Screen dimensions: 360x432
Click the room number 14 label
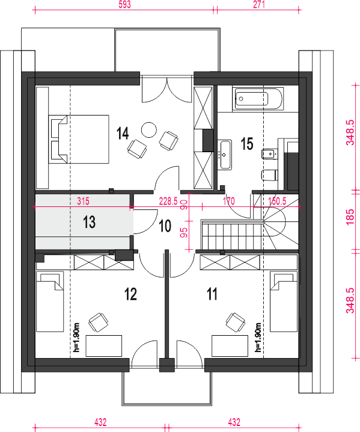click(x=123, y=134)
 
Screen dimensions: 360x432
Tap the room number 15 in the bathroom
click(x=247, y=144)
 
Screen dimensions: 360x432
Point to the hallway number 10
click(x=165, y=226)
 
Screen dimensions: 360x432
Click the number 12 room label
click(x=131, y=294)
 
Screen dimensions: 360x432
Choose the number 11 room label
click(x=212, y=294)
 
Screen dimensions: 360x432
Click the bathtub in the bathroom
click(x=258, y=99)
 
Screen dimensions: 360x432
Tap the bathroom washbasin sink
click(x=225, y=155)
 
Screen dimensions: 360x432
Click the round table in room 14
click(x=149, y=130)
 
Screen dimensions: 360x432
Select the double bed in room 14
click(x=79, y=139)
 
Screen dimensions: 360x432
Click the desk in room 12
click(x=104, y=346)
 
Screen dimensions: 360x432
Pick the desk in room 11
click(x=230, y=346)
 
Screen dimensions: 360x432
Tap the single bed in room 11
click(x=284, y=301)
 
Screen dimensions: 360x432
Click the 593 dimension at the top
click(x=124, y=5)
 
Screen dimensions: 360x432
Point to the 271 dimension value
click(x=259, y=5)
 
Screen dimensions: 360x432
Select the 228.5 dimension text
click(x=168, y=202)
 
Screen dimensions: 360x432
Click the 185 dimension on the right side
click(x=350, y=217)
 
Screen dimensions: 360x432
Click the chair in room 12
click(x=98, y=322)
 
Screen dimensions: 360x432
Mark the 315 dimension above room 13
click(x=83, y=202)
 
